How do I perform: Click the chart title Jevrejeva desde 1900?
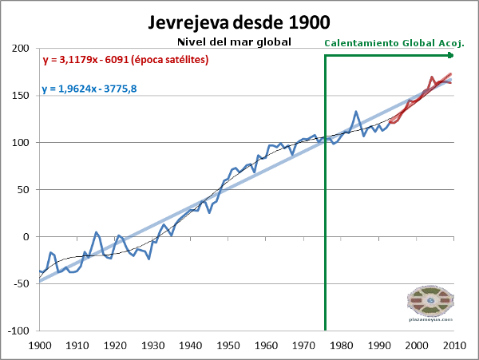239,22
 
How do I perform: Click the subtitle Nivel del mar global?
232,42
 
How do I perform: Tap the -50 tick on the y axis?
22,284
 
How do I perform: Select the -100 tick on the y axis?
19,331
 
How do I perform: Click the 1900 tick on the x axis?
39,346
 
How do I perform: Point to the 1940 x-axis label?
190,346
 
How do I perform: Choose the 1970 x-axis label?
303,346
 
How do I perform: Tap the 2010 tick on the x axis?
454,346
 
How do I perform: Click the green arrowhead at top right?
450,54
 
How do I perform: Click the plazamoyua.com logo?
430,304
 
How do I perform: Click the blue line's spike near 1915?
96,232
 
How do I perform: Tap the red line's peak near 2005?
432,77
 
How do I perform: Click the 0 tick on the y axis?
29,237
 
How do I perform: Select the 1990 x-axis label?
379,346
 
